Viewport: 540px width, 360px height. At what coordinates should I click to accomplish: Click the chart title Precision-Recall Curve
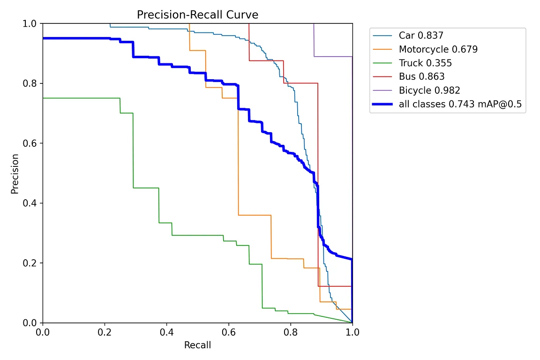197,15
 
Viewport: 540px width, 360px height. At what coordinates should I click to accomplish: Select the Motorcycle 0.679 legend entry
438,49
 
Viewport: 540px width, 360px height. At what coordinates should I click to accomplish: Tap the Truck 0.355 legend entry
425,63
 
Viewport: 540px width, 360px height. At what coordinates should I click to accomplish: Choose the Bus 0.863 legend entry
421,76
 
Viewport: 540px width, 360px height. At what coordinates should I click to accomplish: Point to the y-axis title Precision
15,173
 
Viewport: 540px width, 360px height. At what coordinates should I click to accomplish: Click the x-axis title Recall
197,346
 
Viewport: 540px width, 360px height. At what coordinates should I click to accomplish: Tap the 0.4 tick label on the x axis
166,332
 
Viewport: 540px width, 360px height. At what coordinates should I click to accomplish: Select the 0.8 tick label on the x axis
290,332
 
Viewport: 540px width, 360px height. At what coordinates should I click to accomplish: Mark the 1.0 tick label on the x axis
352,332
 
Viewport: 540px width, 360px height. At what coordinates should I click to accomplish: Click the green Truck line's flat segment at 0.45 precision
146,188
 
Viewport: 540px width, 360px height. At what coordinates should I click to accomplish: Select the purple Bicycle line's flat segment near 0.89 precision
333,56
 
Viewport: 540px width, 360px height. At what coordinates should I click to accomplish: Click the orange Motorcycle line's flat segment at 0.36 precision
255,215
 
